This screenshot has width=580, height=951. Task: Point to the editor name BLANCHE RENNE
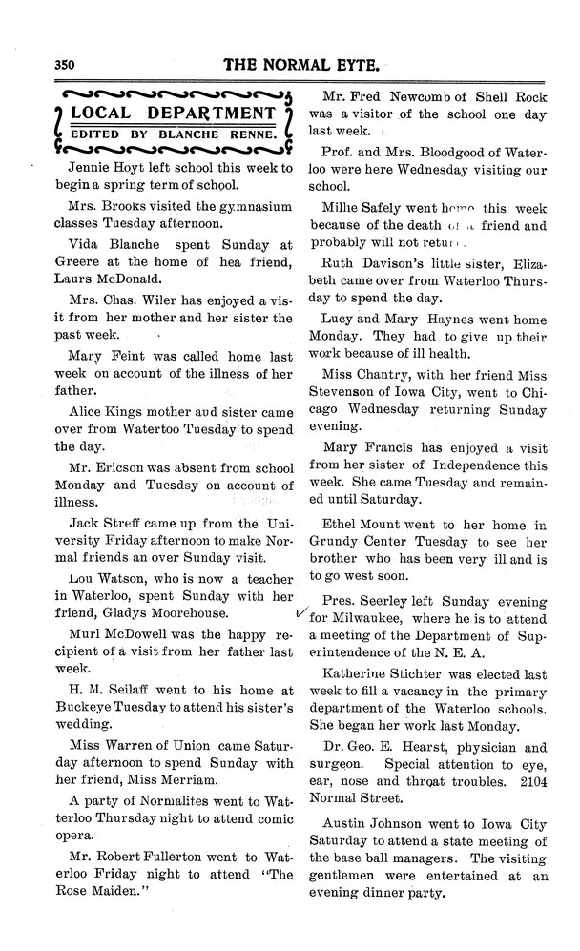(228, 134)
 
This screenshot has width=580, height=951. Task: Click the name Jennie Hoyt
(96, 164)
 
